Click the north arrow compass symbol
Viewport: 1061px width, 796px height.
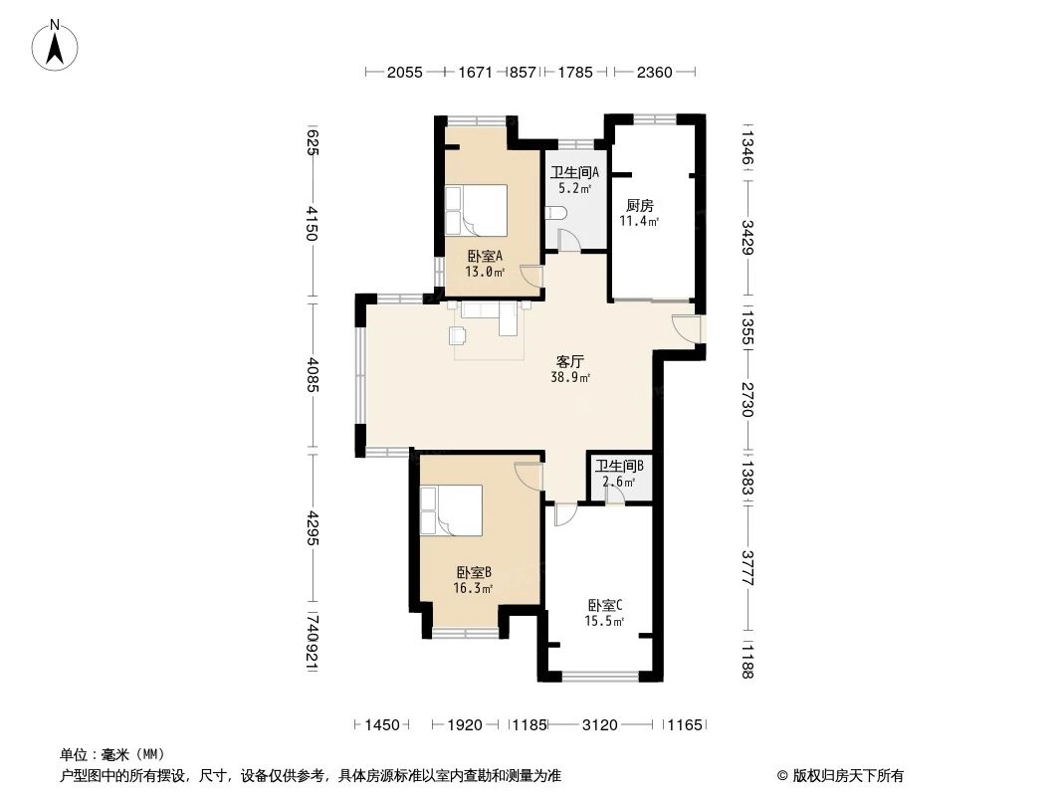point(58,45)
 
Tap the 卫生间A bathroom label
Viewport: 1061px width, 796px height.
point(574,171)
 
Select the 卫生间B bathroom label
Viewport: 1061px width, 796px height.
point(619,466)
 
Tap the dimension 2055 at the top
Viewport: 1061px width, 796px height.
point(405,72)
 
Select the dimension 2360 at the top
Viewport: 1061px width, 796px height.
point(654,72)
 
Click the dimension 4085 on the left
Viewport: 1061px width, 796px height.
point(313,373)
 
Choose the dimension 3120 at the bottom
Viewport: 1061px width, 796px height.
point(599,725)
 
